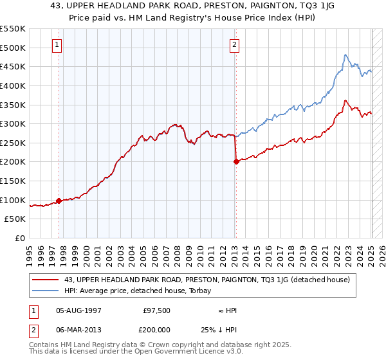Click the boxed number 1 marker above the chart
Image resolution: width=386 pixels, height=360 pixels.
coord(58,45)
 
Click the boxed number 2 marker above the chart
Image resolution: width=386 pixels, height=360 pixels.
coord(234,45)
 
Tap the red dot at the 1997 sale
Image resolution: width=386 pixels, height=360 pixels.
coord(59,201)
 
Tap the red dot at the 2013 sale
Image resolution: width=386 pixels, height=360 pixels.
coord(236,161)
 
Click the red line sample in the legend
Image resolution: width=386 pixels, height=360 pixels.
coord(45,280)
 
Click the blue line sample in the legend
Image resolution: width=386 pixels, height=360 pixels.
coord(45,290)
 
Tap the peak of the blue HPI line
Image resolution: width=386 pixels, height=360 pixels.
coord(345,55)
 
